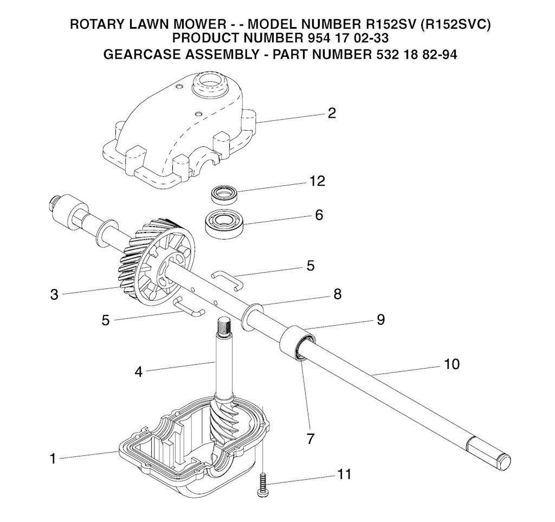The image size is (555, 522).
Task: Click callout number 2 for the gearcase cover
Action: [332, 113]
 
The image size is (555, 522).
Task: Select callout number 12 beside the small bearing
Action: [317, 181]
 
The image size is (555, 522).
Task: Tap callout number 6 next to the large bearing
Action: [319, 215]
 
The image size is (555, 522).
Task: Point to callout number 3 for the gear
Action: [54, 295]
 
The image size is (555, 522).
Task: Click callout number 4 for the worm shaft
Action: [139, 372]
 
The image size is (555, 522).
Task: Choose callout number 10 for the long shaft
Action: [451, 364]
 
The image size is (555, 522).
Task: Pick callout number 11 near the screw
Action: [344, 475]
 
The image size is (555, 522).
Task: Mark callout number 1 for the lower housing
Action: [53, 459]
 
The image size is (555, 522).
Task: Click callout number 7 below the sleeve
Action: [310, 438]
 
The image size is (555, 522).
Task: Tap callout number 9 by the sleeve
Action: [380, 320]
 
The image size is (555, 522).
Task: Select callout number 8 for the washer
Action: [337, 294]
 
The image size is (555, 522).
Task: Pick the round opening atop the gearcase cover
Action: [208, 83]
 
